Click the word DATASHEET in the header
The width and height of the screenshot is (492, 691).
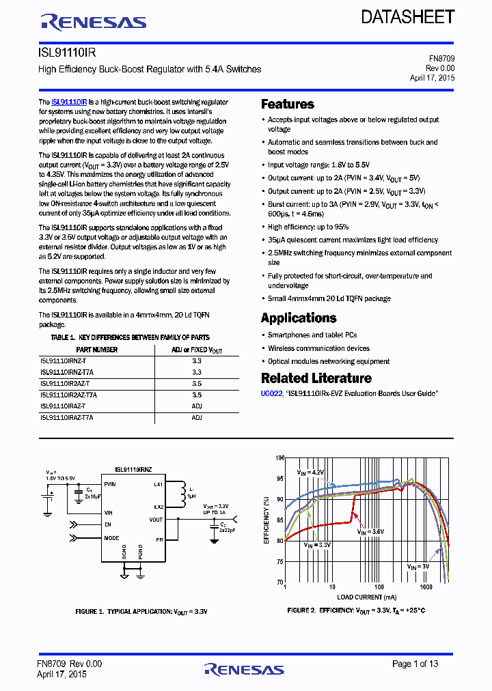click(408, 18)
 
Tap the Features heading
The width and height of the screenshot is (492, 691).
click(288, 104)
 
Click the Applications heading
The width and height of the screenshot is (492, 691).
click(299, 318)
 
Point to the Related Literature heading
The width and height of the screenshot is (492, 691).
click(316, 378)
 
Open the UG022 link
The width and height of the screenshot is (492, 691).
click(271, 394)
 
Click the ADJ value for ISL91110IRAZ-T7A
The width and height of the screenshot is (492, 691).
click(197, 417)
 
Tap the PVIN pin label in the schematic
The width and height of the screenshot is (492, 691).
click(111, 484)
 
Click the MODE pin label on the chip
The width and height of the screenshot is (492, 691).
click(111, 538)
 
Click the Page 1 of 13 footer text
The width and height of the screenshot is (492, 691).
click(415, 664)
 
